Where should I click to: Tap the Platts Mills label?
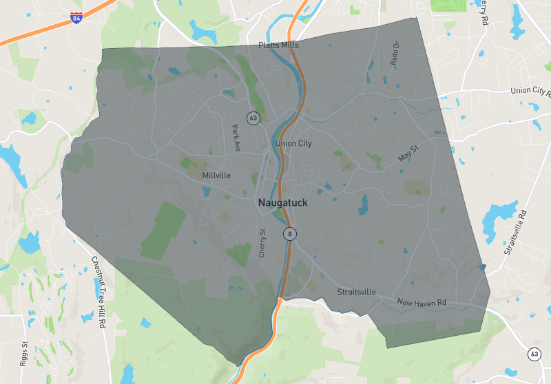coord(278,45)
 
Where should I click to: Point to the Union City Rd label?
coord(531,91)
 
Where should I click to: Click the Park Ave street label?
coord(236,138)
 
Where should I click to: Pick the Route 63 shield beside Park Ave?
coord(253,118)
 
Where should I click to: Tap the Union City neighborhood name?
coord(293,144)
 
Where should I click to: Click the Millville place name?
coord(216,175)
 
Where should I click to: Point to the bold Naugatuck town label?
coord(283,204)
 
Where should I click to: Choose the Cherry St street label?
coord(262,244)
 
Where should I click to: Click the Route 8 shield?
coord(290,234)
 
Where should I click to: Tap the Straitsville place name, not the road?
coord(356,292)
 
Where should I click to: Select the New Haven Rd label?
coord(422,303)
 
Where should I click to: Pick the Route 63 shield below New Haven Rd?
coord(535,354)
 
